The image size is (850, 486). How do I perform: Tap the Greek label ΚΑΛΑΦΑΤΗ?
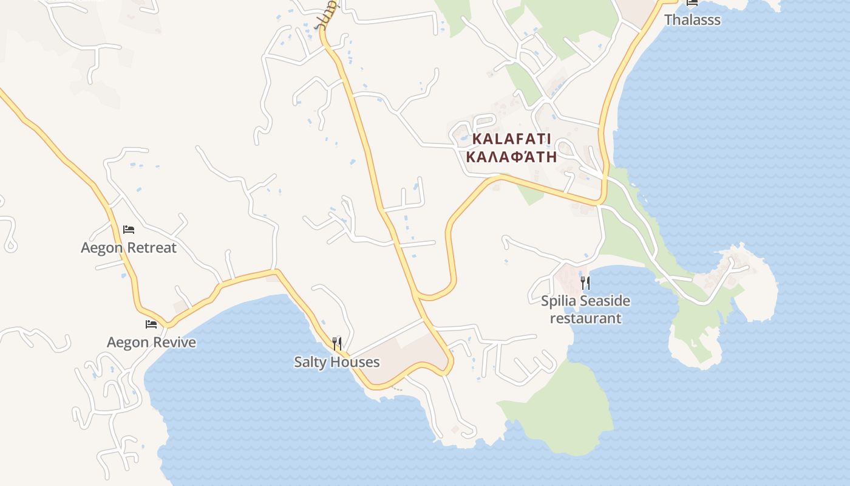click(x=511, y=157)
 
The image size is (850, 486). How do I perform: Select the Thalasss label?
click(x=692, y=20)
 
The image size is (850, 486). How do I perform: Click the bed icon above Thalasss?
click(x=692, y=2)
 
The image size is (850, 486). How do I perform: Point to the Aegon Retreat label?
click(x=129, y=248)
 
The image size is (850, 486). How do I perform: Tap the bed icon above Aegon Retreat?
click(x=129, y=230)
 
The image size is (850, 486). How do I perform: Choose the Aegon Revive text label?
click(x=152, y=342)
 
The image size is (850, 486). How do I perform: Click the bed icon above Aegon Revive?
click(x=151, y=324)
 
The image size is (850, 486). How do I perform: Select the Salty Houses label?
click(x=337, y=362)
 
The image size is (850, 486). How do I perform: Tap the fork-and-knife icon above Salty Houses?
click(x=337, y=344)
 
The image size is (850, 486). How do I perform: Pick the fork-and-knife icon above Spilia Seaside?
click(x=585, y=282)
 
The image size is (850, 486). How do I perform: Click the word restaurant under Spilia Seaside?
click(x=585, y=318)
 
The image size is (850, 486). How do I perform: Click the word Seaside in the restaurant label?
click(x=605, y=301)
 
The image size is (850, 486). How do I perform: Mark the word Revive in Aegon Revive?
click(x=174, y=342)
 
